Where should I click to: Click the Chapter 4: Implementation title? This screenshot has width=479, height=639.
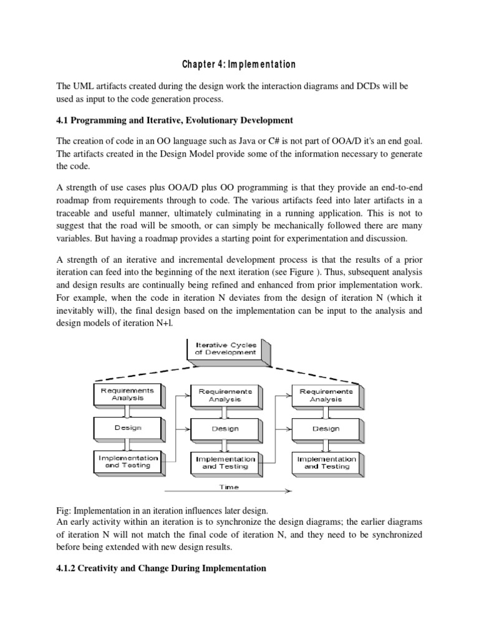point(239,65)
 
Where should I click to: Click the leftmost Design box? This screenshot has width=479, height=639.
point(127,428)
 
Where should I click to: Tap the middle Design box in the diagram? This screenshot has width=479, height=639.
point(225,429)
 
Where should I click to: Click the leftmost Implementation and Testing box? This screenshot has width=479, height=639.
point(127,462)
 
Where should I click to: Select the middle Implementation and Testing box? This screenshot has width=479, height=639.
point(225,462)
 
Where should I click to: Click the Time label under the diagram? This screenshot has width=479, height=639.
point(230,487)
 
